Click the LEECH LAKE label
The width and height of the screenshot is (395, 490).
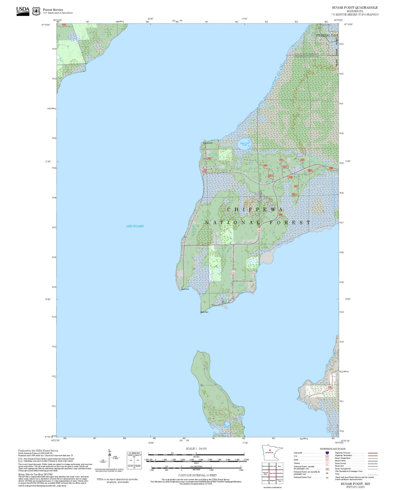135,226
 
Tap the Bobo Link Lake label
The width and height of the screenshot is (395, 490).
244,144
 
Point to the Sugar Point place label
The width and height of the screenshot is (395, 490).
185,289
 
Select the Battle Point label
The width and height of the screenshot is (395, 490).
204,312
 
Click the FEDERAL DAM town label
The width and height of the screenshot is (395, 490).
327,35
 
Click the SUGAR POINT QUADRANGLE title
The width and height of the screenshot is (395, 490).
354,8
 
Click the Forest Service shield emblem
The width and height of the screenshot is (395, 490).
36,11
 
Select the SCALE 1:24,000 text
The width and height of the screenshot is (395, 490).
196,449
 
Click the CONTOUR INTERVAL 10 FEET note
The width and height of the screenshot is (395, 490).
197,475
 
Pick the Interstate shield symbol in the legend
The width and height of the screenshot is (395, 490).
327,453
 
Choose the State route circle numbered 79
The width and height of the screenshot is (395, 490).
327,460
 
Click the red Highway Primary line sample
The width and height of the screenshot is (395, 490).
372,453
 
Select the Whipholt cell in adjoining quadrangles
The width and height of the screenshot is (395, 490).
272,480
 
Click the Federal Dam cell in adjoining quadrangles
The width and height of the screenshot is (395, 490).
279,473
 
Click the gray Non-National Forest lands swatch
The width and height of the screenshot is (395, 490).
20,460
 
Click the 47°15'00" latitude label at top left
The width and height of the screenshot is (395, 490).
46,25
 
